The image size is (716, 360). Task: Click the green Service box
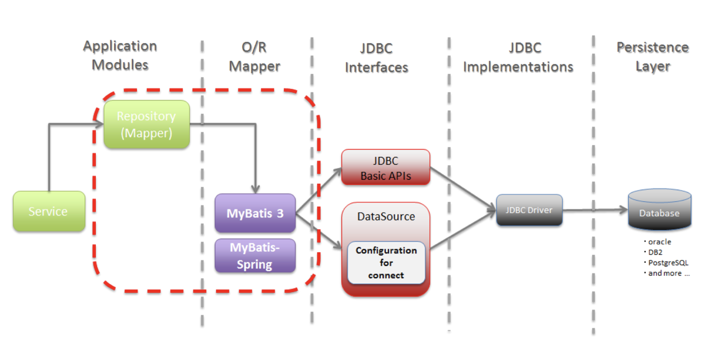coord(49,212)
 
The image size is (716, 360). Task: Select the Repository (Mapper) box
coord(146,125)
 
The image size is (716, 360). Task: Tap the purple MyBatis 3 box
coord(255,213)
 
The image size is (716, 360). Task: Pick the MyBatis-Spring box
coord(255,255)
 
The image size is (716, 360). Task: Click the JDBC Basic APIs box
coord(385,168)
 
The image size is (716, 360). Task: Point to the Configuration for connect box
coord(386,262)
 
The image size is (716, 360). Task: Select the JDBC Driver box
coord(528,211)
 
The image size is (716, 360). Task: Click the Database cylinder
coord(659,212)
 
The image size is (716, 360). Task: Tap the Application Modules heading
coord(120,55)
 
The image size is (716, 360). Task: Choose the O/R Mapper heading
coord(255,57)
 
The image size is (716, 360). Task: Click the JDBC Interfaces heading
coord(377,58)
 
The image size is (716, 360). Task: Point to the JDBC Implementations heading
coord(518,57)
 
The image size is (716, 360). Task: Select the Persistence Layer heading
coord(652,57)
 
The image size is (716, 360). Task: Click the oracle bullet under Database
coord(659,242)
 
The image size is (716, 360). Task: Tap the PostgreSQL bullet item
coord(667,263)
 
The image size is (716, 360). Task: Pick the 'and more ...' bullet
coord(668,273)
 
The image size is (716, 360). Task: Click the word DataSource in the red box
coord(386,217)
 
